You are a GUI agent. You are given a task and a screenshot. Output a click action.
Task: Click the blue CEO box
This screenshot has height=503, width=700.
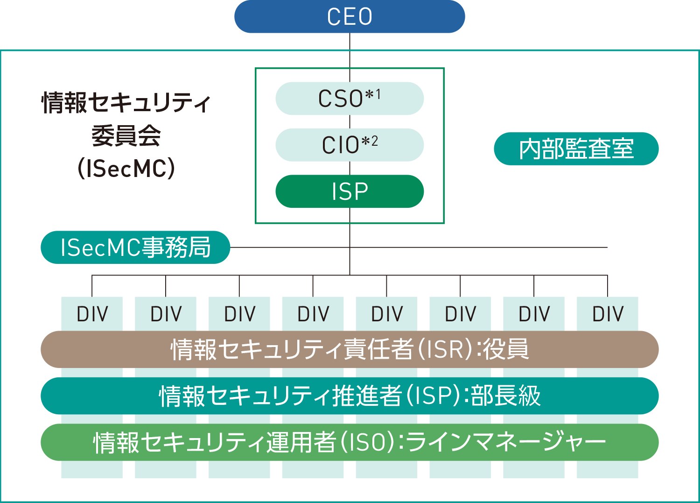tap(350, 17)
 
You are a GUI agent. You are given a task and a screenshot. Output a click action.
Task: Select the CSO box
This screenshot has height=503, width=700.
tap(350, 99)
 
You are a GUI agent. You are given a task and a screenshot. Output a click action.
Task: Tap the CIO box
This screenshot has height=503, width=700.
tap(350, 145)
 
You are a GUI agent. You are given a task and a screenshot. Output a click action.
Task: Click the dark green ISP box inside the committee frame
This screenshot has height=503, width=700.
tap(350, 191)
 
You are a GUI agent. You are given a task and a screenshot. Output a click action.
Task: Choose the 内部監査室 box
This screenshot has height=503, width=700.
tap(576, 149)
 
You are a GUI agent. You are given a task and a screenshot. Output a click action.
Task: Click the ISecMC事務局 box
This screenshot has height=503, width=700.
tap(135, 248)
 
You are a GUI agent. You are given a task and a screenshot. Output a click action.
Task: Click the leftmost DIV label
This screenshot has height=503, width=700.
tap(92, 314)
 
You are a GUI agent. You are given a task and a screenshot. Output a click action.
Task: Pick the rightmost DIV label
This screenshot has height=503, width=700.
tap(608, 314)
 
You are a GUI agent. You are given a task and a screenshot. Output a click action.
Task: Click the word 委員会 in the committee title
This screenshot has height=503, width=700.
tap(126, 136)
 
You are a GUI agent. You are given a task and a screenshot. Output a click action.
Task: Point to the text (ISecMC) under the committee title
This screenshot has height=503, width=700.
tap(126, 168)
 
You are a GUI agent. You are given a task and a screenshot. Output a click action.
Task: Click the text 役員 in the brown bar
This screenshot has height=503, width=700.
tap(506, 349)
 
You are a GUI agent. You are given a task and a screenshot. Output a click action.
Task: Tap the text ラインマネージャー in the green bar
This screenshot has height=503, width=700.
tap(506, 442)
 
